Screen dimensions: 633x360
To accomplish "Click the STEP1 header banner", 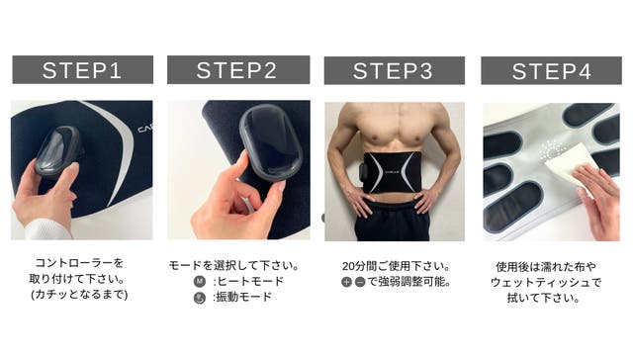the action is tap(83, 70).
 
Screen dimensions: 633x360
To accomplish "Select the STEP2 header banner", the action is tap(238, 70).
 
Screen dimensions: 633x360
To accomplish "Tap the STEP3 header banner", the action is tap(395, 70).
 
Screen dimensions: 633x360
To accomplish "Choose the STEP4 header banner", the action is tap(552, 70).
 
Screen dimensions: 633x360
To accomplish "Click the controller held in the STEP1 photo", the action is tap(57, 151).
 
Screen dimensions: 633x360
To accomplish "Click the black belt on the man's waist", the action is tap(388, 172).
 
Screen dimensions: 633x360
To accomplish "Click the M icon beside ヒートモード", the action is tap(200, 281).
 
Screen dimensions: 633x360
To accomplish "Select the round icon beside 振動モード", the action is tap(200, 298).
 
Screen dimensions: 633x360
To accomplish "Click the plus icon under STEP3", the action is tap(346, 282).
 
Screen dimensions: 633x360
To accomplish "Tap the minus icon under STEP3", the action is tap(360, 282).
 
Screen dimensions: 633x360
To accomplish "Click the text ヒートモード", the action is tap(250, 281).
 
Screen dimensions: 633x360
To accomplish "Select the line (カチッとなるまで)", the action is tap(79, 294).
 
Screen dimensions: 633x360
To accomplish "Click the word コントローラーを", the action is tap(79, 263).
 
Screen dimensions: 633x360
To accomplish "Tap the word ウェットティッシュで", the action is tap(546, 282).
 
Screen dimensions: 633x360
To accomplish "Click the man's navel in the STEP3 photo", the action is tap(390, 197).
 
